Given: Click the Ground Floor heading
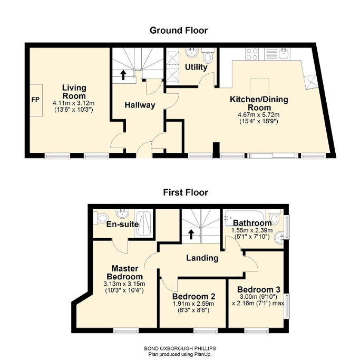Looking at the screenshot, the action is click(179, 31).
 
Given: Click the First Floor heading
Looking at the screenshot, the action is click(186, 192).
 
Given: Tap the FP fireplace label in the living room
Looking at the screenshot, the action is click(35, 100).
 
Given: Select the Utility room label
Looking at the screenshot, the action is click(196, 67).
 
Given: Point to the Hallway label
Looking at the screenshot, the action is click(140, 105).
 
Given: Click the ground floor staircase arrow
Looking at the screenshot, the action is click(123, 75).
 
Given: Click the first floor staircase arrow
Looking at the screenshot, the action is click(191, 234).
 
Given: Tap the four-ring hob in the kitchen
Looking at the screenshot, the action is click(251, 54).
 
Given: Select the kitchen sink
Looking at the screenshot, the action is click(284, 54).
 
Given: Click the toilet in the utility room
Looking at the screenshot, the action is click(208, 56).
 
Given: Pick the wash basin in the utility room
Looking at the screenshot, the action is click(192, 53).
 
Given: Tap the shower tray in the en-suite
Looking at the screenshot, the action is click(143, 224).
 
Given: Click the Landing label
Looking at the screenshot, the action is click(202, 258).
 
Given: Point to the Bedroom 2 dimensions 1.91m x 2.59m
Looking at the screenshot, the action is click(193, 304).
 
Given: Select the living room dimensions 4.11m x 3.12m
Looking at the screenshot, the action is click(73, 103).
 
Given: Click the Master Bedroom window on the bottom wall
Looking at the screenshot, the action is click(126, 330).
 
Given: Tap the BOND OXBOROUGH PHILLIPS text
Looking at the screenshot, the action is click(180, 348).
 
